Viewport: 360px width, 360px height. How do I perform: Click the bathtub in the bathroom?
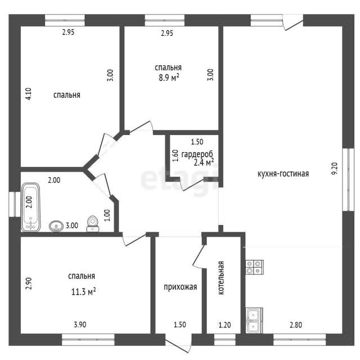(x=31, y=207)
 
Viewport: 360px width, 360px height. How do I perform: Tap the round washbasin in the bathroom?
(x=56, y=226)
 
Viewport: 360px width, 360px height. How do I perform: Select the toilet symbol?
(x=93, y=224)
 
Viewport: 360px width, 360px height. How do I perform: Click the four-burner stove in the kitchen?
(x=254, y=267)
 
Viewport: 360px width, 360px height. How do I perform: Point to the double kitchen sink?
(x=254, y=320)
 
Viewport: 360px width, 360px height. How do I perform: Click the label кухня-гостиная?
(x=283, y=174)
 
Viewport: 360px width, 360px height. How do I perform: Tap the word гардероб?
(x=197, y=154)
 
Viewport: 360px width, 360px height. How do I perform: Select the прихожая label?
(x=180, y=287)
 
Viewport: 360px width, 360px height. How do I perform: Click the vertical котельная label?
(x=221, y=278)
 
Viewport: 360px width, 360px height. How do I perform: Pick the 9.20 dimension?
(x=335, y=169)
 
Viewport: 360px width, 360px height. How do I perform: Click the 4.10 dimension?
(x=29, y=94)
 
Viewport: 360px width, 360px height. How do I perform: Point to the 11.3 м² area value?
(x=83, y=291)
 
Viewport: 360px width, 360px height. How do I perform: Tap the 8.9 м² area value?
(x=169, y=78)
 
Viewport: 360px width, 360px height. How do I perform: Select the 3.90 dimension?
(x=80, y=325)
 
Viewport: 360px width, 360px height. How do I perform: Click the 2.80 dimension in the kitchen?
(x=296, y=325)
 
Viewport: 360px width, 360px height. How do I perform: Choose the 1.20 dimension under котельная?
(x=224, y=325)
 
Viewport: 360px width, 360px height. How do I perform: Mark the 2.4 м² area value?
(x=204, y=163)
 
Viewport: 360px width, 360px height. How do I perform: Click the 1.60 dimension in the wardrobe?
(x=175, y=156)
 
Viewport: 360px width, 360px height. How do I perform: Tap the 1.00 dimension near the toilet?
(x=107, y=215)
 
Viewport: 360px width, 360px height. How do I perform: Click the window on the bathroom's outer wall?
(x=15, y=204)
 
